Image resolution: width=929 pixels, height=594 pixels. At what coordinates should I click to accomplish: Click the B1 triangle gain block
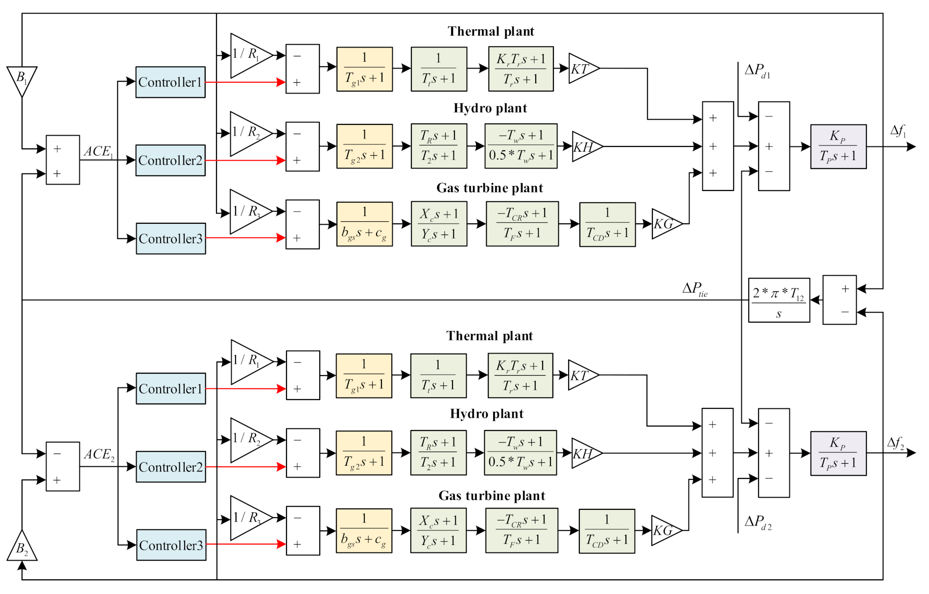point(22,80)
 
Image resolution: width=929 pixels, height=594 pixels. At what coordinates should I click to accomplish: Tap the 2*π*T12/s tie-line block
point(779,300)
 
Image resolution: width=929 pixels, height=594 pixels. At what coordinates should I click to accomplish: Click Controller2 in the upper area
point(170,160)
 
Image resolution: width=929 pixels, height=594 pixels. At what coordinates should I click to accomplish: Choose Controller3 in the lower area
point(171,545)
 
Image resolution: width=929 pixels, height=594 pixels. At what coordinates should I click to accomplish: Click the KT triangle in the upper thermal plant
point(582,69)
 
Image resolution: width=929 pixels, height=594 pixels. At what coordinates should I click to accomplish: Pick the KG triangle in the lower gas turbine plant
point(665,530)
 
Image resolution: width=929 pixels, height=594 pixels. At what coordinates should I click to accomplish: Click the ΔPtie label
point(695,289)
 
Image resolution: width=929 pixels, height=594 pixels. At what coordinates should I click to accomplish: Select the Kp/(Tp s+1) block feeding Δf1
point(838,146)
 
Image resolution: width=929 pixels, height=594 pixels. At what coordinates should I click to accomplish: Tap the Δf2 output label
point(896,443)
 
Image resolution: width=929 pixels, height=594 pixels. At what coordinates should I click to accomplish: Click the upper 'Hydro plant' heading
point(490,108)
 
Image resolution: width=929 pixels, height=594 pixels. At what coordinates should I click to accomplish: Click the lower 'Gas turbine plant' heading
point(492,496)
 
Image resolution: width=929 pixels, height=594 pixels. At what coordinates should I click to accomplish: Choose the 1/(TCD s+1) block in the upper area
point(607,224)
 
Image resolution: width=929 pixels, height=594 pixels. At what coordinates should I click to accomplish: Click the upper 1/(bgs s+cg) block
point(364,224)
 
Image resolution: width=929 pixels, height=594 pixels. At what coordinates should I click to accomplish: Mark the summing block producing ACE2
point(63,466)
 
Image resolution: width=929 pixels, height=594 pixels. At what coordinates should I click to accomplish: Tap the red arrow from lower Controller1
point(245,389)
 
